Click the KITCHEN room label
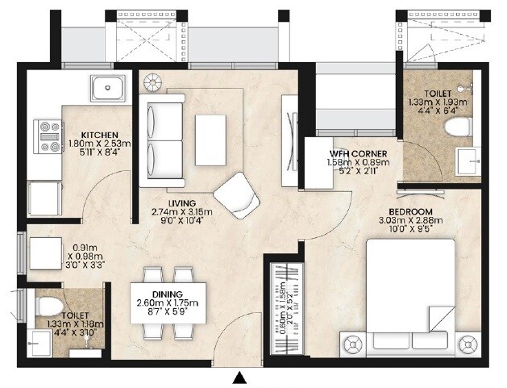100,135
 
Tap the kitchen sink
106,86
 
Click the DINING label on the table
167,294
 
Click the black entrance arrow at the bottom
239,377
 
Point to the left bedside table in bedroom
351,346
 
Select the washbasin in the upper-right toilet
466,161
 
